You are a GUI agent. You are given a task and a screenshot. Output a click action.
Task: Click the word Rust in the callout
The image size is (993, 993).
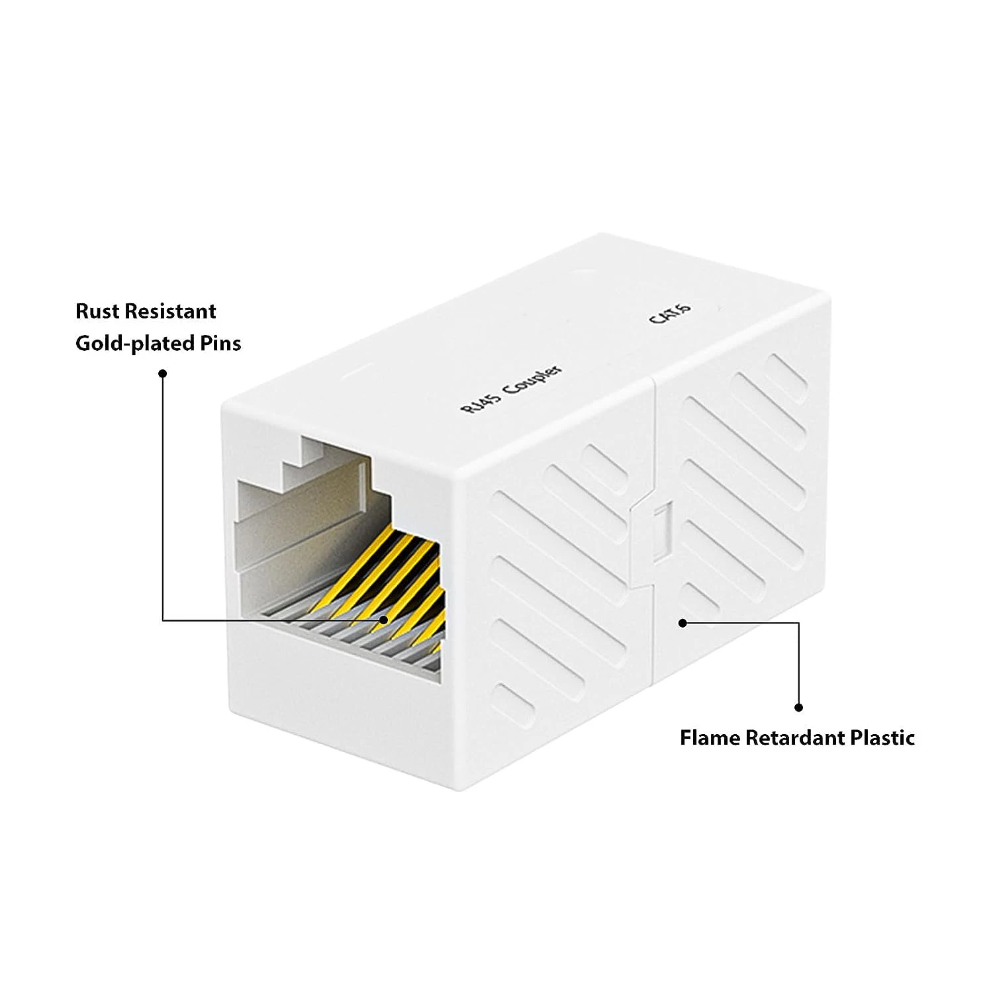98,311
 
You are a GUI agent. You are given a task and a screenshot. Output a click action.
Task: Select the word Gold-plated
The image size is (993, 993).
135,343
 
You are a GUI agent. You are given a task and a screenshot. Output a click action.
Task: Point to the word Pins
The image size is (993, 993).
220,343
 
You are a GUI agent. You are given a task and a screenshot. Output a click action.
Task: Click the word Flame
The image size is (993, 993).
710,737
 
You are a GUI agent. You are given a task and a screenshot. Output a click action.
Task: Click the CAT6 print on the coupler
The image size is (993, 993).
670,313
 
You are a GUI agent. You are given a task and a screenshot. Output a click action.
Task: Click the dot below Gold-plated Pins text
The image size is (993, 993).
163,373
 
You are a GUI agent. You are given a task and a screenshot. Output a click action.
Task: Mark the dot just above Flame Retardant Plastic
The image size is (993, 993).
798,707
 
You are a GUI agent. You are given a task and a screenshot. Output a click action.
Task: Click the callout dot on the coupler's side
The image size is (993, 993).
683,623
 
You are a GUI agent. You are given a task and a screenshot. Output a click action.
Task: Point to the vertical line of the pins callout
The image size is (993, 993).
163,496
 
